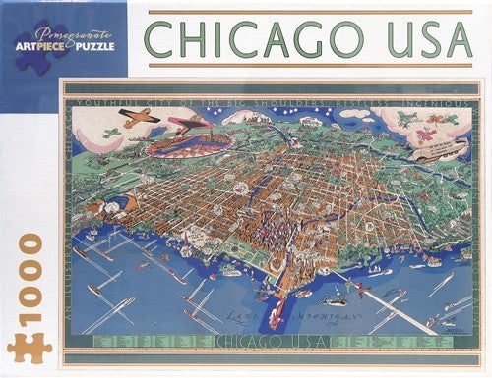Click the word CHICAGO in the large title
(x=254, y=38)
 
